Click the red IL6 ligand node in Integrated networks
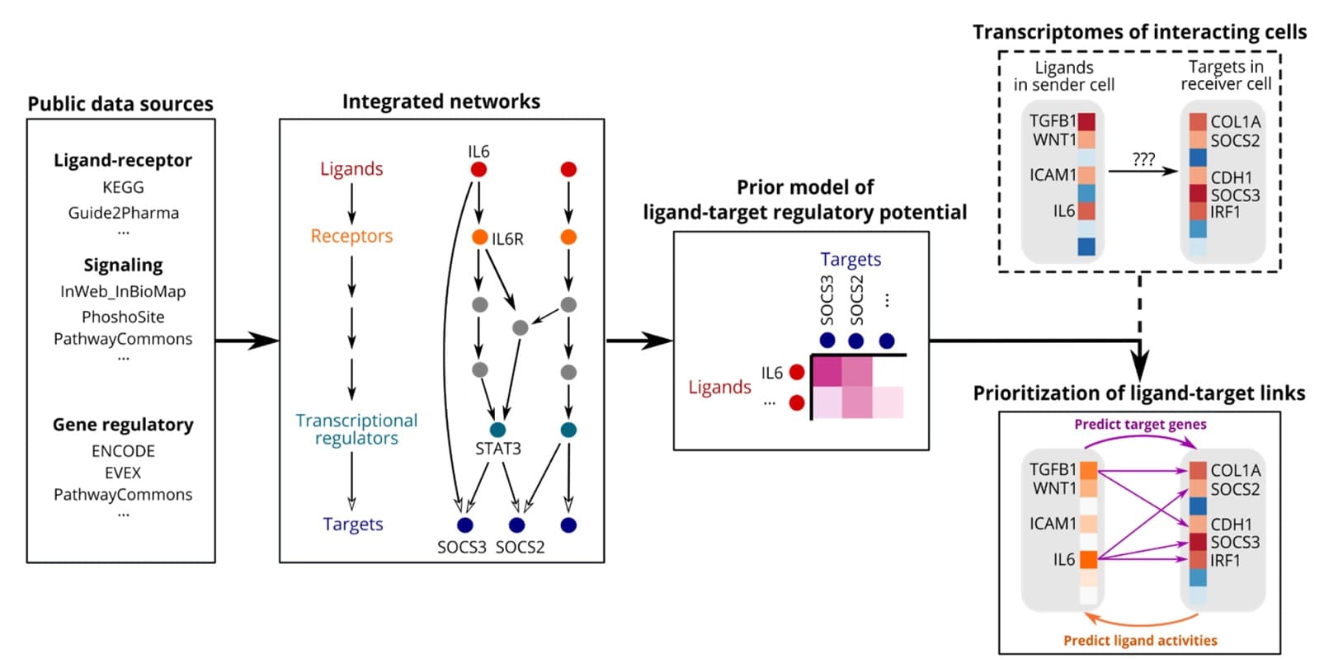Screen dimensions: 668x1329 click(x=478, y=170)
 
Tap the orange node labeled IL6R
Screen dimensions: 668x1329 click(x=479, y=238)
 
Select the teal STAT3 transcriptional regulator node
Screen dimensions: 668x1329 click(x=497, y=430)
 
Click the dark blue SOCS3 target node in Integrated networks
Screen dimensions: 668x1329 click(x=464, y=525)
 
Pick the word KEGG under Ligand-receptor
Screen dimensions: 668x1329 click(x=123, y=187)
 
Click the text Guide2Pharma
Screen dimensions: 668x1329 click(x=123, y=213)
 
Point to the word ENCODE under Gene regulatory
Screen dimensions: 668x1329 click(x=123, y=451)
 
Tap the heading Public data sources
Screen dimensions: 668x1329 click(x=120, y=104)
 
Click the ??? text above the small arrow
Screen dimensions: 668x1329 click(x=1143, y=159)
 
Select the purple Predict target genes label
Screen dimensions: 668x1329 click(x=1140, y=424)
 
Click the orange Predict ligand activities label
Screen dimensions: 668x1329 click(x=1140, y=640)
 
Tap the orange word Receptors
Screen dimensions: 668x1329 click(x=351, y=236)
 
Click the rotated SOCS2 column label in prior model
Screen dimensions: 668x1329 click(x=856, y=300)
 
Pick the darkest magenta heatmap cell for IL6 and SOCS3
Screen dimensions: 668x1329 click(x=827, y=371)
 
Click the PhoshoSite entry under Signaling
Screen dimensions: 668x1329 click(x=123, y=317)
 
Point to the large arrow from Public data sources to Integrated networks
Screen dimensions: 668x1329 click(x=247, y=340)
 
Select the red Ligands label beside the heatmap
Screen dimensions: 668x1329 click(x=719, y=387)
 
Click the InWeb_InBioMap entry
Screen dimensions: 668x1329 click(x=123, y=291)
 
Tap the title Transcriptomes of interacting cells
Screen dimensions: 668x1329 click(x=1139, y=32)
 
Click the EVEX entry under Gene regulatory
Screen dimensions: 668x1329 click(x=123, y=473)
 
